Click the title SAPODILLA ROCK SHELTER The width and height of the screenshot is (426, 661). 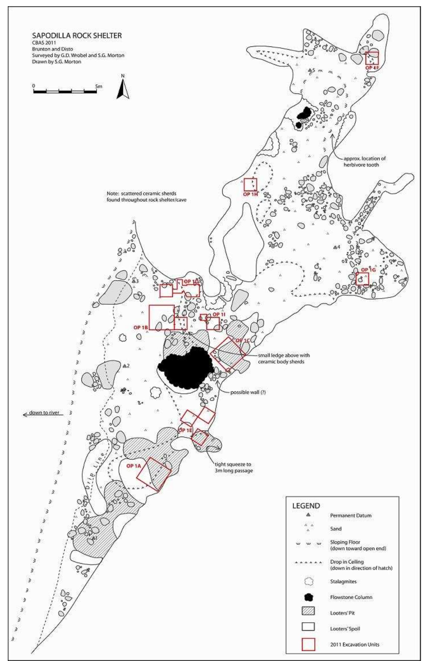point(77,35)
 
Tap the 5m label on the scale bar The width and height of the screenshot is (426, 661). point(98,86)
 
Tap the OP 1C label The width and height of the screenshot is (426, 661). point(243,340)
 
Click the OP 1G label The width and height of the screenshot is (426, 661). point(369,270)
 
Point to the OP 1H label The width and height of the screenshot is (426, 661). point(250,194)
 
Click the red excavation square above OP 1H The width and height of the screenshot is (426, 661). point(250,184)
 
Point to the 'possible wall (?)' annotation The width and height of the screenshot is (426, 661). point(248,392)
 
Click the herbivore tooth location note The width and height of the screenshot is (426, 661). point(364,162)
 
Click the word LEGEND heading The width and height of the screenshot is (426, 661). point(306,506)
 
